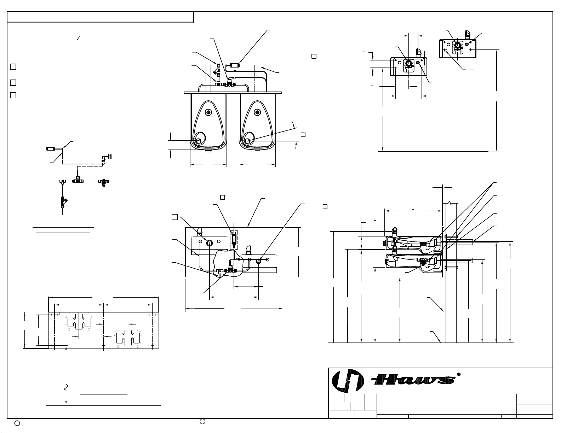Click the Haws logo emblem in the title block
pos(348,381)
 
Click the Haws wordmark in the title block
pos(413,380)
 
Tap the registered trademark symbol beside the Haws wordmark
pos(458,374)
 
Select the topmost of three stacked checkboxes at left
pos(13,66)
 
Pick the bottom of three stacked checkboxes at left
pos(13,95)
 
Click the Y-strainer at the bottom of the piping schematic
pos(64,202)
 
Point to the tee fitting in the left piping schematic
pos(62,181)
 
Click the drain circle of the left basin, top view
pos(198,141)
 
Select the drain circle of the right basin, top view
pos(247,141)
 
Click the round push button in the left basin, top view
pos(208,112)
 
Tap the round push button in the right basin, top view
pos(257,112)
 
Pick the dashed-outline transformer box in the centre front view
pos(234,240)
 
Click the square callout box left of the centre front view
pos(175,217)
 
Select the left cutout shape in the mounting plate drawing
pos(79,322)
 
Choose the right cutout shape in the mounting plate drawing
pos(128,338)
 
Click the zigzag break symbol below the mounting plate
pos(66,387)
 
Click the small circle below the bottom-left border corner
pos(17,423)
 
